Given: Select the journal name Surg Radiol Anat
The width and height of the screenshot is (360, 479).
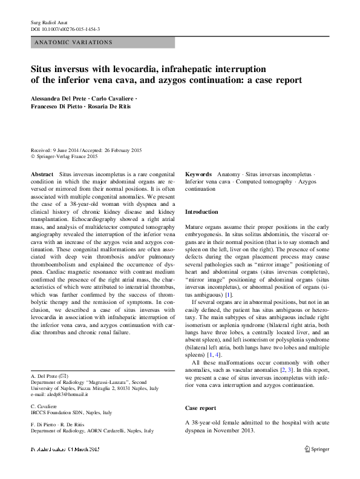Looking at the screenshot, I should coord(48,21).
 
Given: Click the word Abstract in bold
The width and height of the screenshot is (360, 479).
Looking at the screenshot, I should coord(42,174).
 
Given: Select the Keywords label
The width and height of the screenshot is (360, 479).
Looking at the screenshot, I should coord(198,174).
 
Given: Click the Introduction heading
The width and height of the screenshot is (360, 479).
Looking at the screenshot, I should coord(201,212).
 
